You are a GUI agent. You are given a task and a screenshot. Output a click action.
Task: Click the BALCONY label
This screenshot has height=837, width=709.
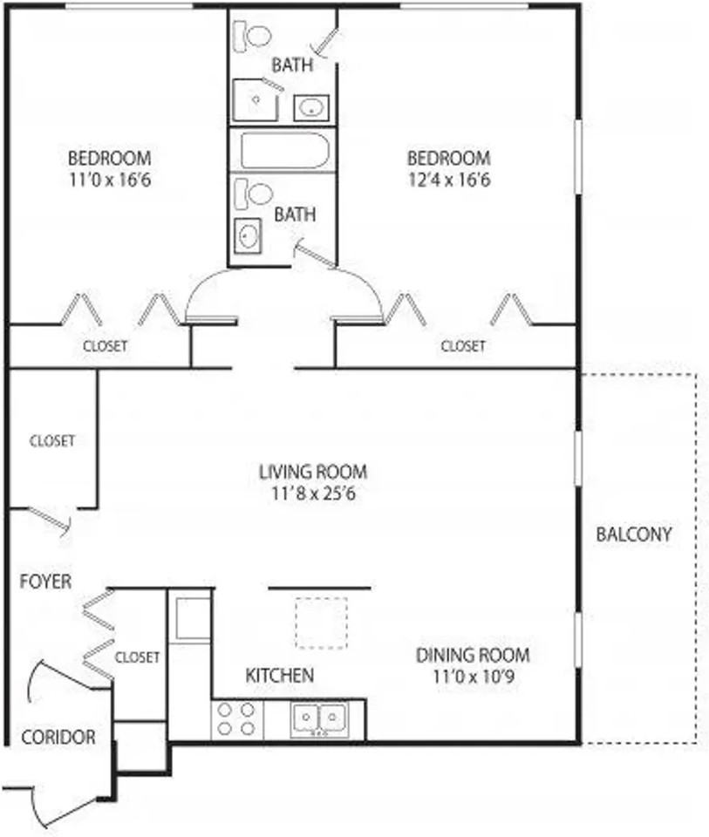coord(634,534)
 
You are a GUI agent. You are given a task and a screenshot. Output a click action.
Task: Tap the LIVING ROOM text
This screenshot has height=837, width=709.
coord(313,472)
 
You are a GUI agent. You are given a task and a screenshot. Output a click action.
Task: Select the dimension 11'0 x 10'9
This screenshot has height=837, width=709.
coord(474,677)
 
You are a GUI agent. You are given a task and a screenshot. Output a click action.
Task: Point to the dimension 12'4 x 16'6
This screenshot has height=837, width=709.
coord(449,180)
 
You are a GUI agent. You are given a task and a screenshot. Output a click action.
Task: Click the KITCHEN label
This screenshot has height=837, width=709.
coord(280,675)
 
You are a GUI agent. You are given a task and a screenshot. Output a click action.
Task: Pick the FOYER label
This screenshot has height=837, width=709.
coord(45,582)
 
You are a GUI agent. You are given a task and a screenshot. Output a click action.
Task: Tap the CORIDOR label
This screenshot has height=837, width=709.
coord(58,738)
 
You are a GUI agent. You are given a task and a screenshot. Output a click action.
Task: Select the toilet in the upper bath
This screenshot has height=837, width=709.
coord(253,37)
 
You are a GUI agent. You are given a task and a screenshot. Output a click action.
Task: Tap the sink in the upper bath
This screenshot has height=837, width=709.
coord(311,108)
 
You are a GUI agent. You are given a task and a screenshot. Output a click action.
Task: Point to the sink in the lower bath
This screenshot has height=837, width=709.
coord(248,235)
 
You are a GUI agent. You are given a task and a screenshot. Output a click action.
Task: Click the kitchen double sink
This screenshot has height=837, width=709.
coord(319,719)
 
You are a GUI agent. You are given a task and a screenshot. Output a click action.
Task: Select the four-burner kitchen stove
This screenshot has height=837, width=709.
coord(237,719)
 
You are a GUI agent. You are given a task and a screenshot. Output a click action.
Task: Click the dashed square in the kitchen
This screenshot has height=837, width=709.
coord(322,623)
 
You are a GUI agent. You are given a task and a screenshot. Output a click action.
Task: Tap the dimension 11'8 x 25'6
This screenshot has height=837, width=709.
coord(313,493)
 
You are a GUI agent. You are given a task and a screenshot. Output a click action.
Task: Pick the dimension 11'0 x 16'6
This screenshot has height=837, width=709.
coord(110,180)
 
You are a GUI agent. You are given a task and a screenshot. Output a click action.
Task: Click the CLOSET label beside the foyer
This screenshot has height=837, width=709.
coord(137,657)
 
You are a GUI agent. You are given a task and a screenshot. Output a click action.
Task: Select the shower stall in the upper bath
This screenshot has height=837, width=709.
coord(256,99)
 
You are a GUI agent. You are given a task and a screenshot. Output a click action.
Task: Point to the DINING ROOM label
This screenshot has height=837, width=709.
coord(473,655)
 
